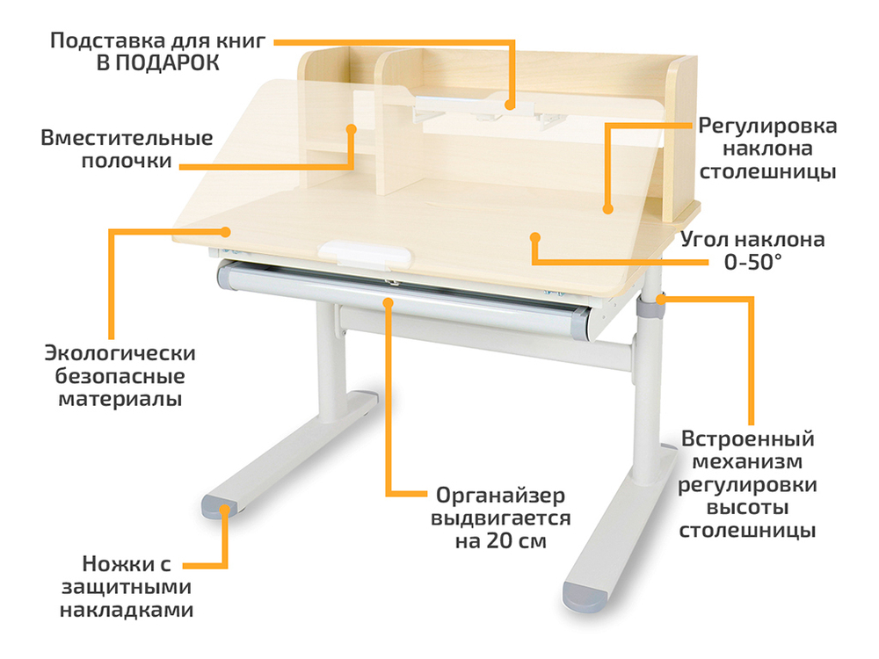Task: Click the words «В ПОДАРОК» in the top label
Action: pyautogui.click(x=158, y=63)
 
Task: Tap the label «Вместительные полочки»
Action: pyautogui.click(x=127, y=150)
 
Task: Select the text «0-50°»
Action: pyautogui.click(x=752, y=262)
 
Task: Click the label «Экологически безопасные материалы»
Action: pyautogui.click(x=120, y=376)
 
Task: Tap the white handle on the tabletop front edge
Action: pyautogui.click(x=366, y=253)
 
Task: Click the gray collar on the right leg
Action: pyautogui.click(x=650, y=308)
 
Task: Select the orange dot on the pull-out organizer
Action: pyautogui.click(x=387, y=302)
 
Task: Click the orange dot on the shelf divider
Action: pyautogui.click(x=352, y=128)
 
